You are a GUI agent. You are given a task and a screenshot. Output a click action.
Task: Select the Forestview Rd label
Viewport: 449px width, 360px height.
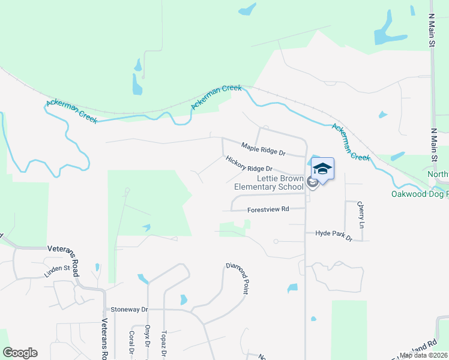[268, 209]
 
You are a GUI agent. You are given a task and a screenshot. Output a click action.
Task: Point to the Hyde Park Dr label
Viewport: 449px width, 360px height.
[333, 235]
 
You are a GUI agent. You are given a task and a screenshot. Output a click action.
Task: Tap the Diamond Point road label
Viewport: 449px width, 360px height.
[237, 277]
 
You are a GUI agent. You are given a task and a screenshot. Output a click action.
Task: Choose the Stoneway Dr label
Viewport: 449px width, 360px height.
[129, 310]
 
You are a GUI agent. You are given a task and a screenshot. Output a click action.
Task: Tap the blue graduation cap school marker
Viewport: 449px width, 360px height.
[322, 169]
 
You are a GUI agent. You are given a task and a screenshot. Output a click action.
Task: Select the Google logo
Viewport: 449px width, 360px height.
[20, 353]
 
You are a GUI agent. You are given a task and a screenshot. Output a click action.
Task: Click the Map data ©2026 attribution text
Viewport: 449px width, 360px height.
[424, 355]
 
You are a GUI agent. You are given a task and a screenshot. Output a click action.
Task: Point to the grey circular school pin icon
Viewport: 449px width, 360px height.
[312, 182]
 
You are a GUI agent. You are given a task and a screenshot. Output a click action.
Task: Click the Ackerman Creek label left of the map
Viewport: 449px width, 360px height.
[71, 111]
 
